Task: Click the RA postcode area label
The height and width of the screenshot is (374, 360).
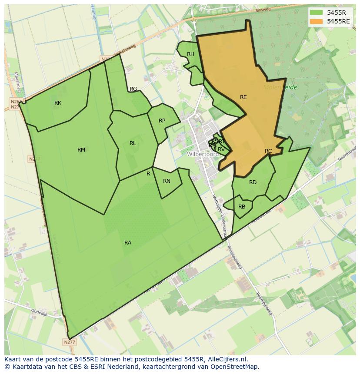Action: click(x=128, y=243)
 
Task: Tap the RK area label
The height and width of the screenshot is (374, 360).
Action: click(x=58, y=103)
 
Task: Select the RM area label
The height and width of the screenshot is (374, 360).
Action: click(x=81, y=150)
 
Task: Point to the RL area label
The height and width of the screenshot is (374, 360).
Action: click(x=133, y=143)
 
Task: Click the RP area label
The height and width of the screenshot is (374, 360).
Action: click(x=162, y=121)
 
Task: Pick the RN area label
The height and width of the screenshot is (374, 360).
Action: click(x=167, y=181)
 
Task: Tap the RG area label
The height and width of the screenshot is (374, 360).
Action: click(x=133, y=89)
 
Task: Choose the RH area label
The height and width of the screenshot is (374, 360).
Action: click(x=190, y=54)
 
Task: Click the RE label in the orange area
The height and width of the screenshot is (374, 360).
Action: click(x=243, y=97)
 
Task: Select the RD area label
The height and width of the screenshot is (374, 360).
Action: click(x=253, y=182)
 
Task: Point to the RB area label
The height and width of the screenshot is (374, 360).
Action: click(x=242, y=207)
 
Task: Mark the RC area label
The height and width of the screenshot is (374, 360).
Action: click(x=268, y=151)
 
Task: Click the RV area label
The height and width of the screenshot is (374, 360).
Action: click(x=221, y=149)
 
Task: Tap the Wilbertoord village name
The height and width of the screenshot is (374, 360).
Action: click(x=203, y=154)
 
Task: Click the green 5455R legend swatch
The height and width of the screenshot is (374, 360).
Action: click(x=316, y=13)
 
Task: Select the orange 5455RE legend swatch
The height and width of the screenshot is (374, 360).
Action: click(x=316, y=21)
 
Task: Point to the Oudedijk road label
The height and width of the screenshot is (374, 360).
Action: click(x=39, y=312)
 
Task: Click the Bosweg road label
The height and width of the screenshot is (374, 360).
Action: click(x=263, y=10)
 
